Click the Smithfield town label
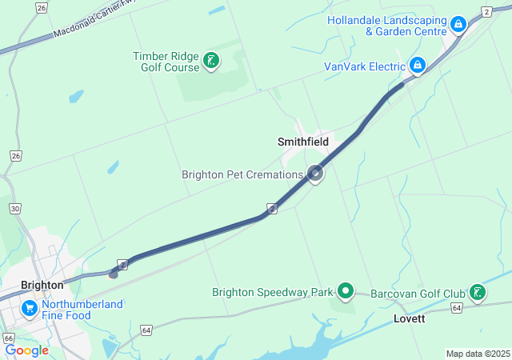(303, 142)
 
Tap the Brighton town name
(42, 285)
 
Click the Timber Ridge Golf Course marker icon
(211, 61)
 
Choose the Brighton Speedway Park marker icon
(346, 291)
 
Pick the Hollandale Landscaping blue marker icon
(458, 25)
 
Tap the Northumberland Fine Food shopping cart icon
(30, 307)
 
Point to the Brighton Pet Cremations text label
(242, 174)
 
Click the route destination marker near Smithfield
(316, 172)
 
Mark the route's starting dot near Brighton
(114, 274)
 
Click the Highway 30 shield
(14, 208)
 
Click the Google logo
(26, 350)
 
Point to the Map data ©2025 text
(478, 354)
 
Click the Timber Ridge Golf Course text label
(166, 62)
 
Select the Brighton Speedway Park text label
(272, 292)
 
